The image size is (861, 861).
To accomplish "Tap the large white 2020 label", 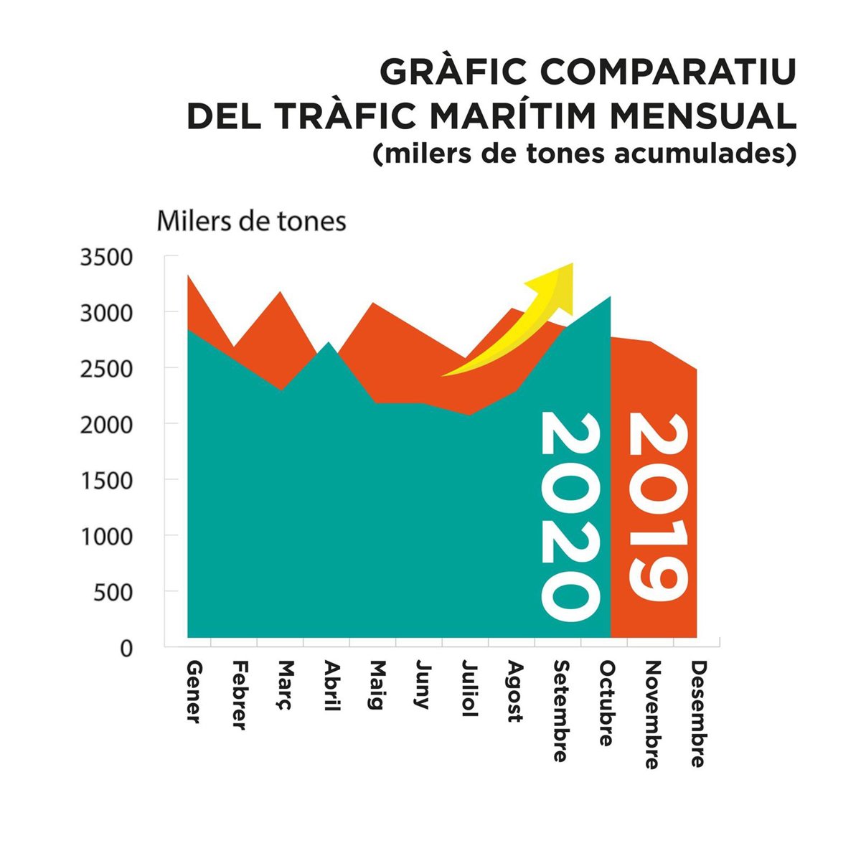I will [570, 517].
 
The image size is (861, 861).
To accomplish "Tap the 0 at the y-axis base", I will [126, 648].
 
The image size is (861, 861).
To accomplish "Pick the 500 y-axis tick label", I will [114, 592].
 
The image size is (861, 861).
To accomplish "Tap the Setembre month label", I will [560, 711].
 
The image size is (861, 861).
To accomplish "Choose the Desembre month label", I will [697, 714].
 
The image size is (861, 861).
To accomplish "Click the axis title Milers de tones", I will [251, 221].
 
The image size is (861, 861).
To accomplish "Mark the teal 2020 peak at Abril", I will [327, 344].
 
